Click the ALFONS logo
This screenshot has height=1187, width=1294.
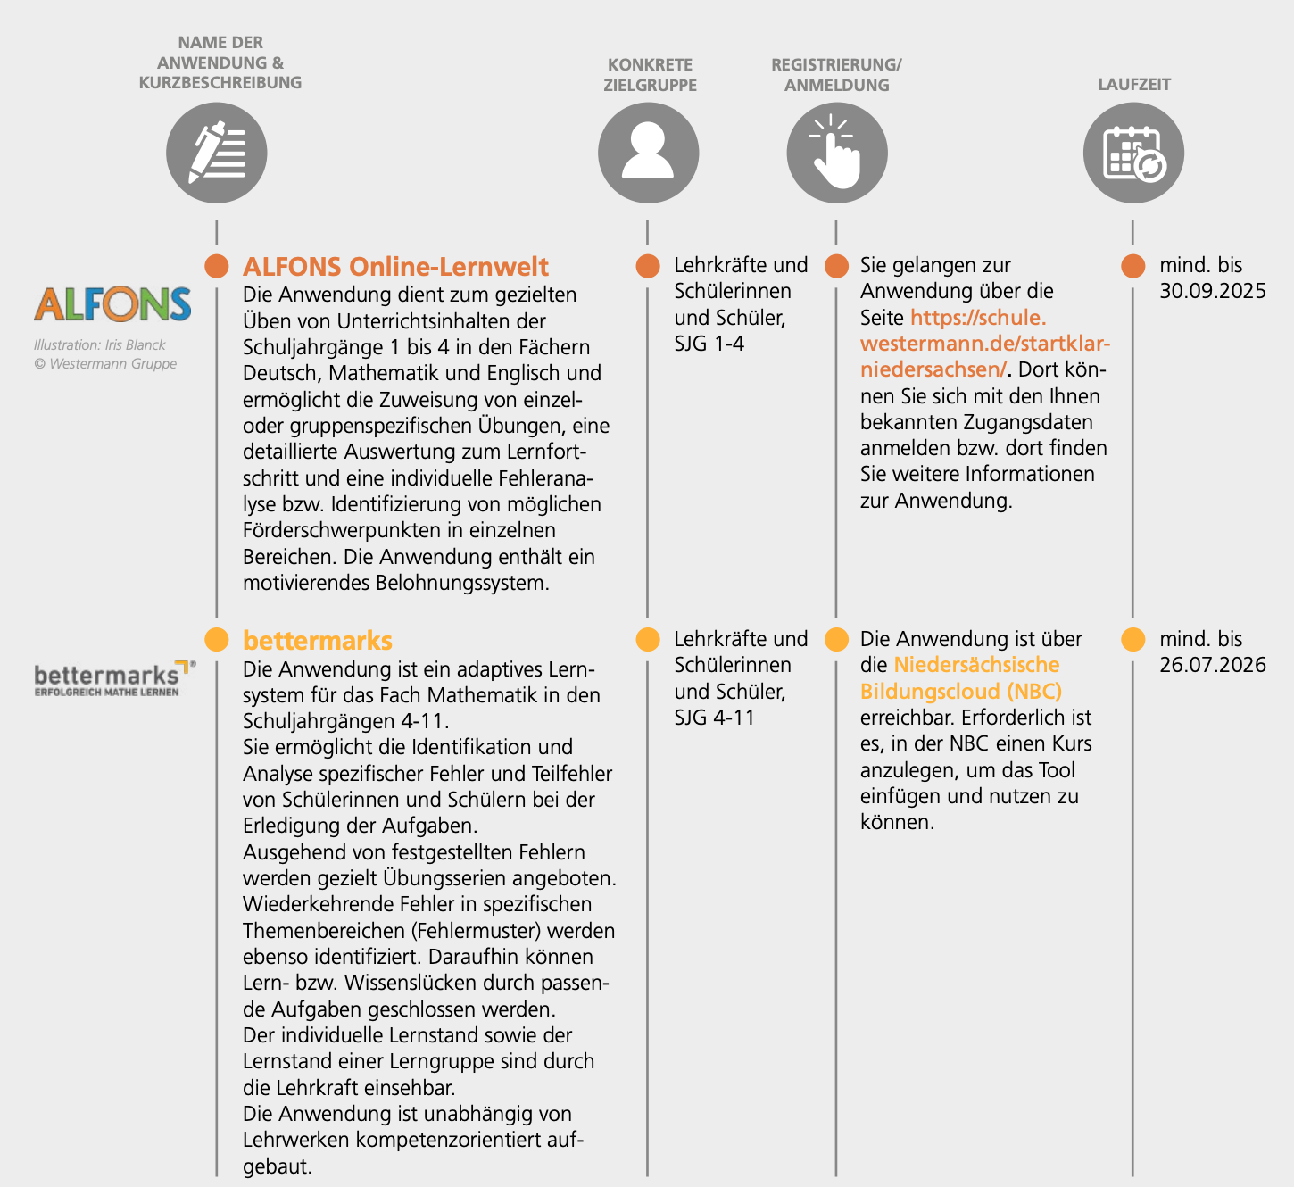112,304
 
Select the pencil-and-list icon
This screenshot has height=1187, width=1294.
217,153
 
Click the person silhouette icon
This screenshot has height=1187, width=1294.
648,153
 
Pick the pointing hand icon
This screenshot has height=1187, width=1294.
836,153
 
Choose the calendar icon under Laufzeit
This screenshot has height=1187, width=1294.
1133,153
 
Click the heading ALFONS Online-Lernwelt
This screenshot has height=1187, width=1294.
395,267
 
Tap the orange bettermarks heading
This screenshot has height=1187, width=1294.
318,641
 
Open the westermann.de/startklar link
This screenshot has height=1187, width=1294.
984,344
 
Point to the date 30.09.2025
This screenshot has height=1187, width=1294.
1213,291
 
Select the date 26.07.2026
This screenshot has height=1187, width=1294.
1213,665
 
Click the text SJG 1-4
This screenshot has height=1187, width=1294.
709,344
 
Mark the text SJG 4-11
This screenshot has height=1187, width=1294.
714,718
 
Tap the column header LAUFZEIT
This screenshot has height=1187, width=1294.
1133,85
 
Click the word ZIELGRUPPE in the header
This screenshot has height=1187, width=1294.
650,86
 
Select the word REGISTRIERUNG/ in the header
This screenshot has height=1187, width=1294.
836,65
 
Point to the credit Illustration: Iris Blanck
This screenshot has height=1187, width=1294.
100,344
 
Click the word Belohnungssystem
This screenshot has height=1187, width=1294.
461,584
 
